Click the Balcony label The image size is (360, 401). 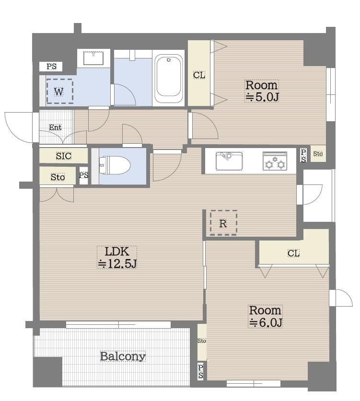pos(123,356)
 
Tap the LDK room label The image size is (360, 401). pos(117,252)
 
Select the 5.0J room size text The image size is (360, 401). pos(262,97)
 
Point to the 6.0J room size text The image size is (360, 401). pos(266,322)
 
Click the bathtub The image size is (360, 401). pos(168,79)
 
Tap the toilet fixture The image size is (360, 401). pos(115,165)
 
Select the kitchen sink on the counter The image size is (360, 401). pos(229,161)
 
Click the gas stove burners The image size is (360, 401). pos(275,161)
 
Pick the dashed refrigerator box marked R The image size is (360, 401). pos(223,223)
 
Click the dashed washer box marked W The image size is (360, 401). pos(59,92)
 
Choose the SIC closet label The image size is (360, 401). pos(64,156)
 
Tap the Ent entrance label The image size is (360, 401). pos(55,127)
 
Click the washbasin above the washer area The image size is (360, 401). pos(93,58)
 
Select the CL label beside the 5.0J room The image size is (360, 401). pos(199,75)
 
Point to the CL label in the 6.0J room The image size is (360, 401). pos(293,253)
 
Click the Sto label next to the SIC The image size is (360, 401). pos(58,177)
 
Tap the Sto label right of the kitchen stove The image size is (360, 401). pos(318,154)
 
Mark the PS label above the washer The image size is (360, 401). pos(51,66)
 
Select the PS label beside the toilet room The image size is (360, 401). pos(84,175)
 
